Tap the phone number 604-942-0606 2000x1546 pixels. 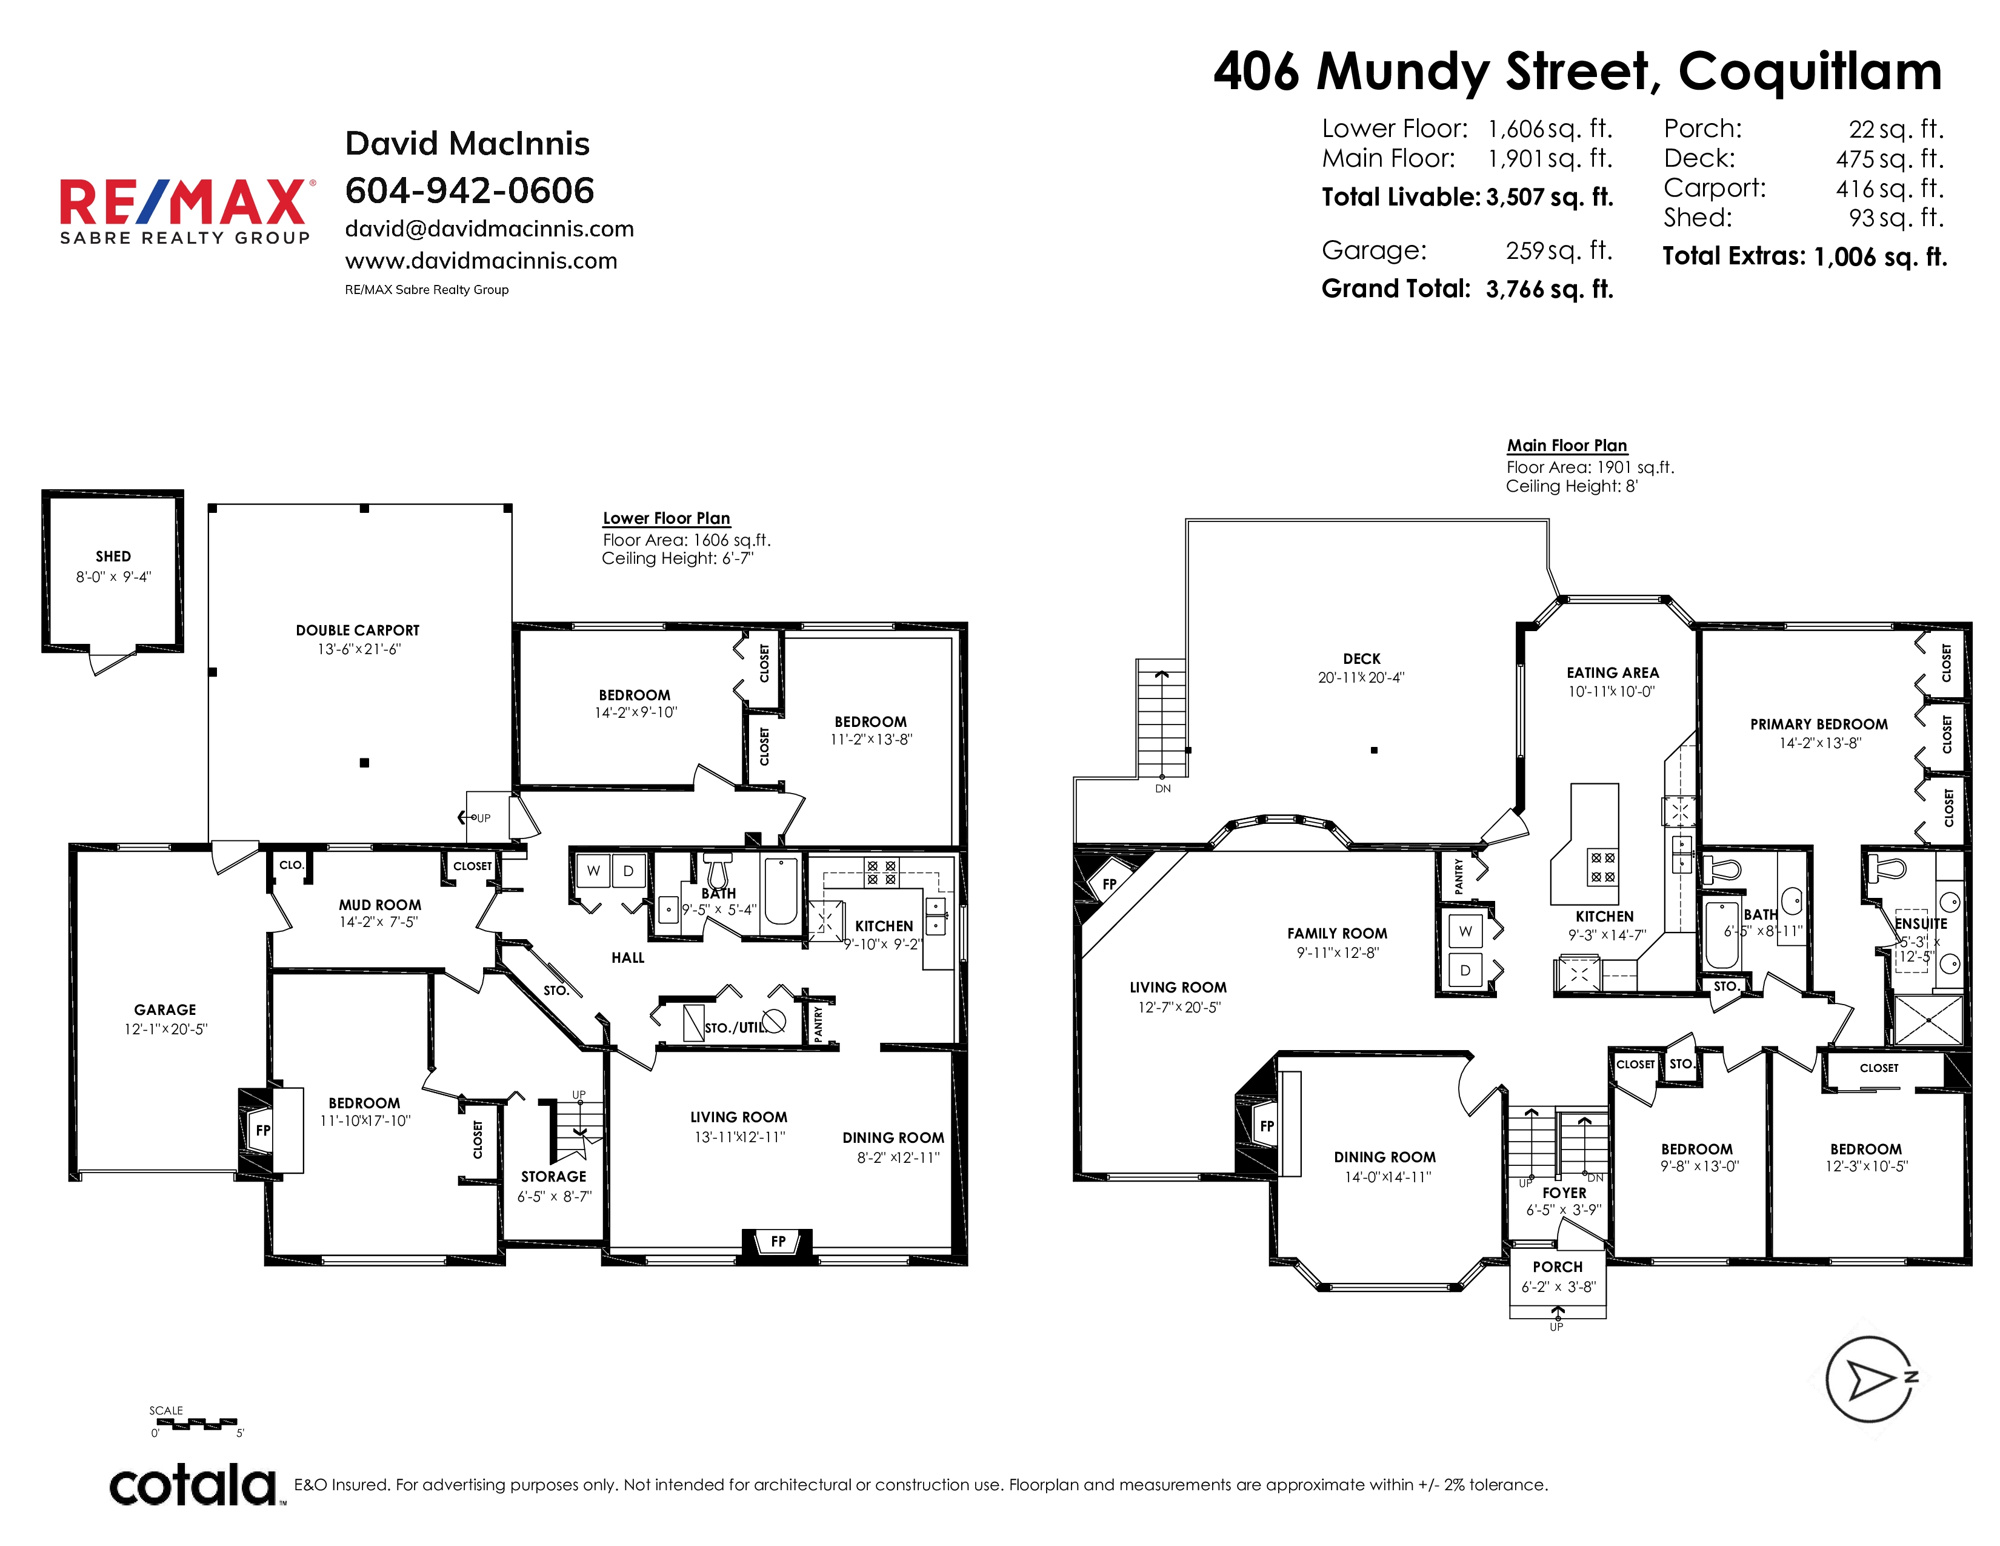(x=469, y=190)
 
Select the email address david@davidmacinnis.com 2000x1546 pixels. (x=489, y=229)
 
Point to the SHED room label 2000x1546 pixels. (x=113, y=556)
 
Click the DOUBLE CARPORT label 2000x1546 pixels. (x=357, y=630)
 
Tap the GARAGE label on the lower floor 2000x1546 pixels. (x=165, y=1009)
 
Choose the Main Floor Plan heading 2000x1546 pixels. (x=1567, y=445)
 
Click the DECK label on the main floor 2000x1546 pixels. (x=1362, y=658)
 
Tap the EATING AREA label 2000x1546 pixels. (x=1613, y=672)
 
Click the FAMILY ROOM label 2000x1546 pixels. (x=1337, y=933)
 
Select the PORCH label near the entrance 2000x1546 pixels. (x=1558, y=1267)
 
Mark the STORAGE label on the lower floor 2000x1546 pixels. (x=553, y=1176)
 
